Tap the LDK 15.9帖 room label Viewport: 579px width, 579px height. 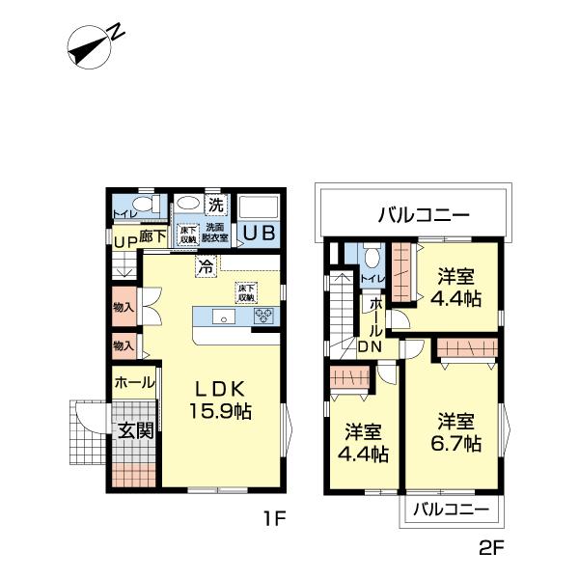[x=225, y=400]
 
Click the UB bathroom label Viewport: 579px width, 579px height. [x=258, y=234]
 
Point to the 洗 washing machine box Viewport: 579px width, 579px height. [x=217, y=205]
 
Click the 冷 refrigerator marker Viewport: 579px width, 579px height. [x=206, y=267]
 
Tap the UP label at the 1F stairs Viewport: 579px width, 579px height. [x=124, y=241]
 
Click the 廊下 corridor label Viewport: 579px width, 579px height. [x=152, y=234]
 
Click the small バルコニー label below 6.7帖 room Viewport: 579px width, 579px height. [x=450, y=509]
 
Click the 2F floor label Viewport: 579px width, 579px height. [x=492, y=550]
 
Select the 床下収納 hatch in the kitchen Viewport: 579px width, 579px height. [x=246, y=292]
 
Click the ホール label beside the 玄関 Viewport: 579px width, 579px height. [x=134, y=383]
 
